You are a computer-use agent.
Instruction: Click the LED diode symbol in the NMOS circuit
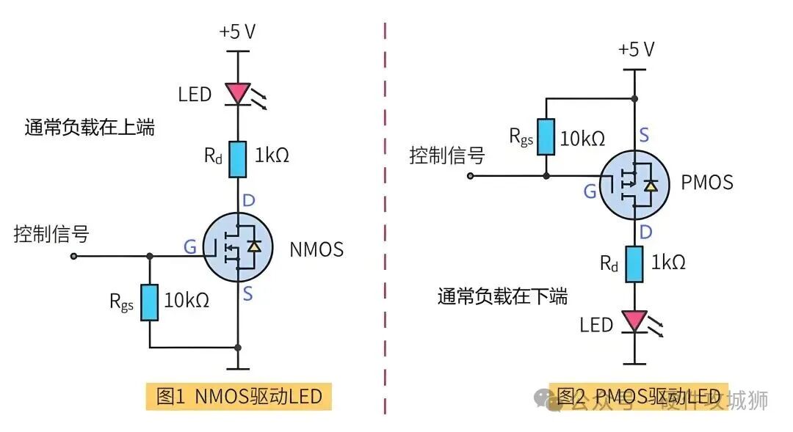coord(238,93)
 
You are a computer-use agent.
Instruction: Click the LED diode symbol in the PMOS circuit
coord(634,321)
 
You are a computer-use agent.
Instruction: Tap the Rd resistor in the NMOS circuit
coord(238,159)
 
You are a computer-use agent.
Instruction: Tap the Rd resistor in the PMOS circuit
coord(634,264)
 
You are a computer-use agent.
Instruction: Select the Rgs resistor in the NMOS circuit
coord(150,302)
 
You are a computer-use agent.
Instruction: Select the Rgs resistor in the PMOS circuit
coord(545,136)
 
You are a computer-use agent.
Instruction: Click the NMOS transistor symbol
coord(237,247)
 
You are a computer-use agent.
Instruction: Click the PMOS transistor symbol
coord(634,183)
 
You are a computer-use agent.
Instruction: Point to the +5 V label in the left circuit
coord(237,33)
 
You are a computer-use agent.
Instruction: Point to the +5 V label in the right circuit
coord(635,50)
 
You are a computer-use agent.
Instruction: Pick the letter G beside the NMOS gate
coord(189,247)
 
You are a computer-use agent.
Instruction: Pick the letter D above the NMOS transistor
coord(248,200)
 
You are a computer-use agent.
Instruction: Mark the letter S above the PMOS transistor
coord(644,135)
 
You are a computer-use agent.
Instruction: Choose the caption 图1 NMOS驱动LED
coord(239,397)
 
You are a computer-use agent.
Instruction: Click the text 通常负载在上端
coord(90,127)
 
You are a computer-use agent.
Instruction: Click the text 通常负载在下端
coord(502,296)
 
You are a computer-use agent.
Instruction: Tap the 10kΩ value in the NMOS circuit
coord(187,300)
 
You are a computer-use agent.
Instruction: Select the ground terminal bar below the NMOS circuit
coord(237,368)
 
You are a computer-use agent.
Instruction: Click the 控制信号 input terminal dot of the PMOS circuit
coord(471,176)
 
